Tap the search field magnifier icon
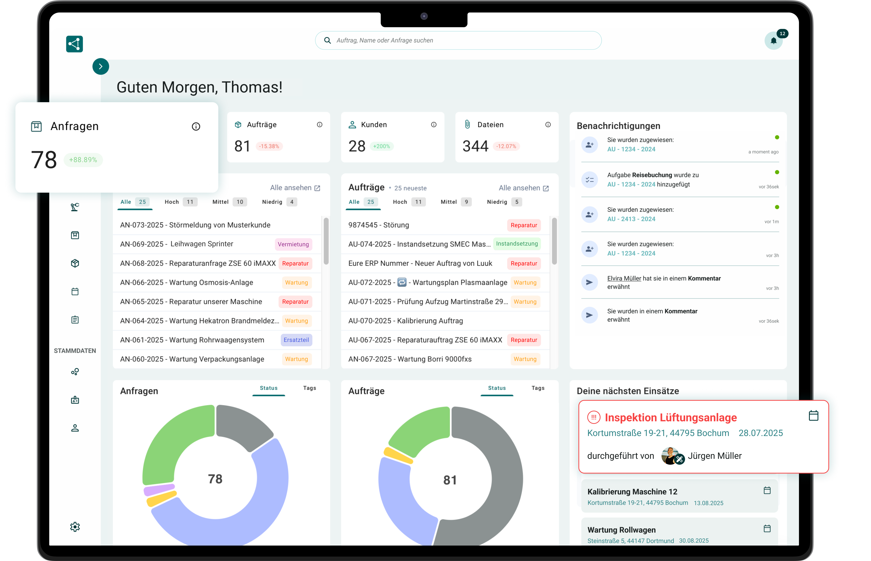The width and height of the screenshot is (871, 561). tap(327, 40)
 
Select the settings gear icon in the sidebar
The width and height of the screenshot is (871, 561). tap(75, 527)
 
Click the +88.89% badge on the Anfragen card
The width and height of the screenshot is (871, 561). tap(83, 160)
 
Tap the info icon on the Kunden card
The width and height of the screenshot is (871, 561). tap(434, 125)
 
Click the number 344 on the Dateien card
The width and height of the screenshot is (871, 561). tap(475, 146)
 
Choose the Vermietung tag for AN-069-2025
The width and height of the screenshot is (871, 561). tap(293, 244)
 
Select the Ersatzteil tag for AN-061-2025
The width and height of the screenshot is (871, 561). tap(296, 340)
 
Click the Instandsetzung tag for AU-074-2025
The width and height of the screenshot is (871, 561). tap(517, 244)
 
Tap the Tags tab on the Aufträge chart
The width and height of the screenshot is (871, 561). tap(538, 388)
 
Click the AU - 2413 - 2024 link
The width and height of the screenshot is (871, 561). tap(631, 219)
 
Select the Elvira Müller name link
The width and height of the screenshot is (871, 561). tap(624, 278)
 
